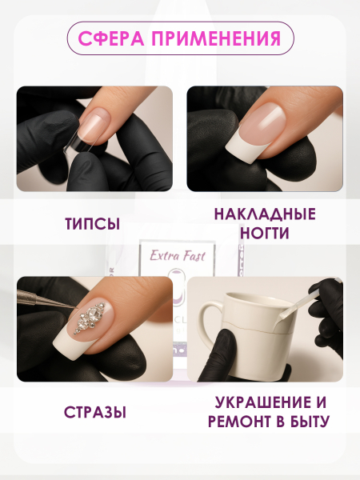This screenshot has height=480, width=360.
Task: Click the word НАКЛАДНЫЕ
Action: click(x=265, y=214)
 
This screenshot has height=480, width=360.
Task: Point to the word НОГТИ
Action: click(x=265, y=233)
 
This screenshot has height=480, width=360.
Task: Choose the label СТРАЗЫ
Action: click(x=94, y=413)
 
